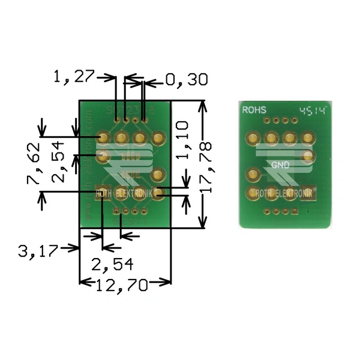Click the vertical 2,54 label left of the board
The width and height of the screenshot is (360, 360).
(x=59, y=169)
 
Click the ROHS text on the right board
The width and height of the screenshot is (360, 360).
(x=254, y=110)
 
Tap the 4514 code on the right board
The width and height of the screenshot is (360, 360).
(x=313, y=110)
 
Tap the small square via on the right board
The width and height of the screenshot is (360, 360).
(x=295, y=212)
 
